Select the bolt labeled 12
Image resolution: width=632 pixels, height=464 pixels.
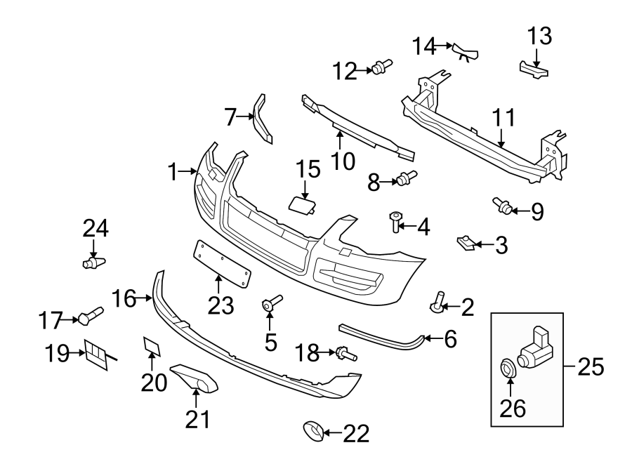(382, 67)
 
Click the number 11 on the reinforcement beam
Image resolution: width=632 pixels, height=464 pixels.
(503, 117)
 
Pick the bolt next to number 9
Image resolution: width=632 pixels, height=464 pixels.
(501, 205)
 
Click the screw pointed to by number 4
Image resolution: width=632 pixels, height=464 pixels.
(396, 222)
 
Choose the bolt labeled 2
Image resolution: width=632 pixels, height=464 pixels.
(437, 303)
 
